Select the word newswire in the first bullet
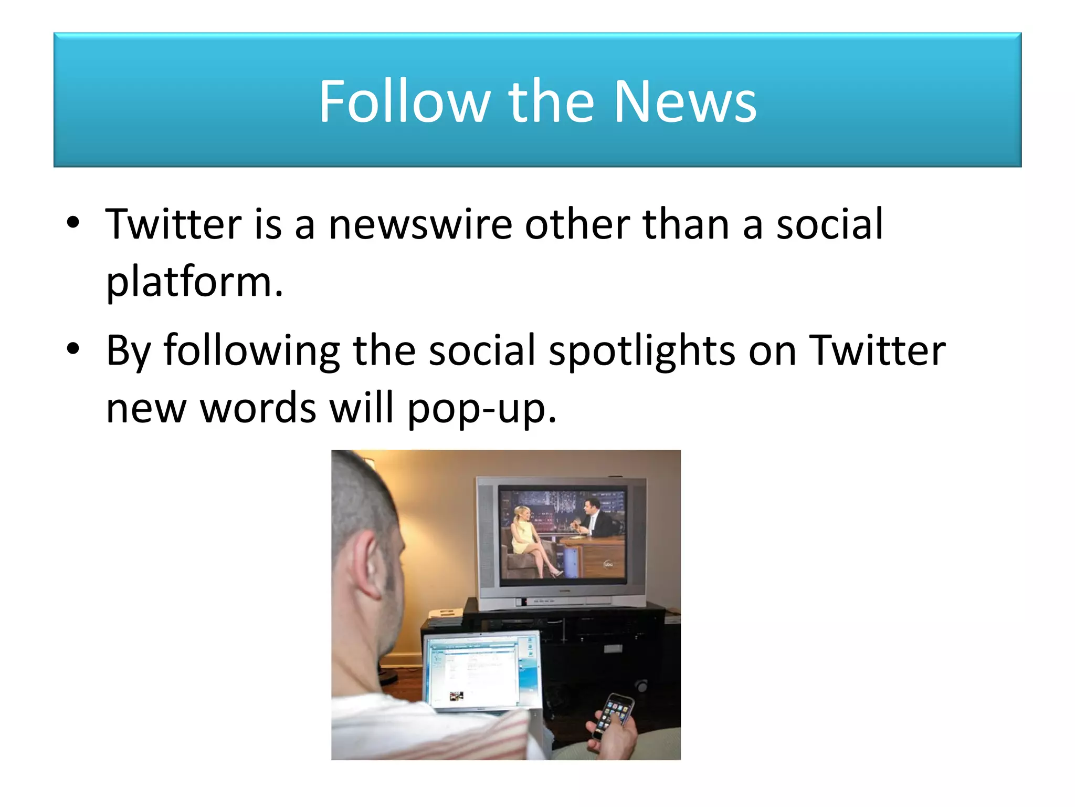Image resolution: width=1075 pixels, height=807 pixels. (420, 225)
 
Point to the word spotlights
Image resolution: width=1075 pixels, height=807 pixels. (642, 351)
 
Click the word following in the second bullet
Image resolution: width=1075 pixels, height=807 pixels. (252, 351)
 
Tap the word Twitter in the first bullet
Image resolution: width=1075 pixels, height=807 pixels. (173, 225)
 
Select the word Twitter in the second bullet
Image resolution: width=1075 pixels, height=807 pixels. (877, 351)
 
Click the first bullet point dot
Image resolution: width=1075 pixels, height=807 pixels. (73, 223)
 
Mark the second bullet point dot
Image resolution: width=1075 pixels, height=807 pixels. (73, 348)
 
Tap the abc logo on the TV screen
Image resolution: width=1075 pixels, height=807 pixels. (608, 565)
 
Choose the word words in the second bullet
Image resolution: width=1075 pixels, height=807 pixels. (258, 409)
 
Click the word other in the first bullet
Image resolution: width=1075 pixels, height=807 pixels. (577, 225)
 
